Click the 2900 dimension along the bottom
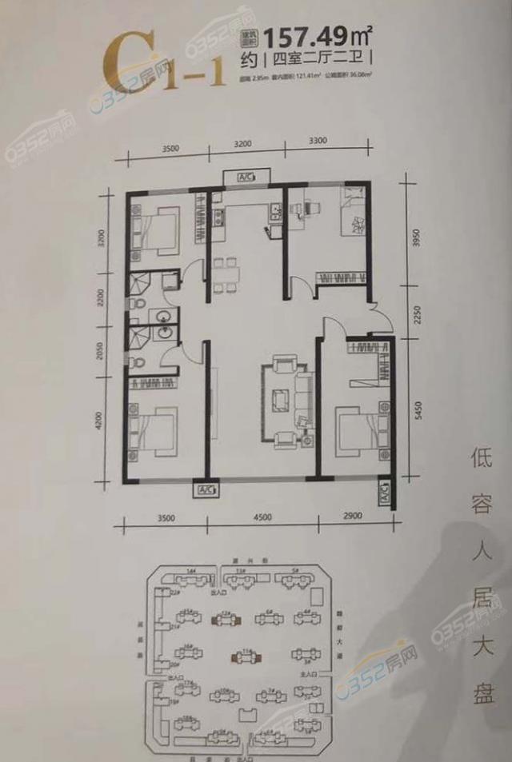(351, 517)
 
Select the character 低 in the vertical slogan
(479, 465)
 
